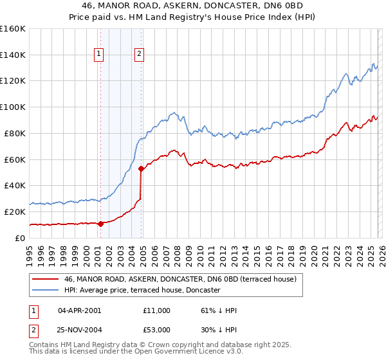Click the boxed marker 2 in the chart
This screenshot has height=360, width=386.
pos(139,55)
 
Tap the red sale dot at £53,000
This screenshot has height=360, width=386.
pos(142,168)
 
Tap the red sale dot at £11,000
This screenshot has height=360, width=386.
pos(100,224)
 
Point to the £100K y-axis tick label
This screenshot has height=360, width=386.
pos(13,107)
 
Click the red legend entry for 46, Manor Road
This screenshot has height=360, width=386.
pos(179,280)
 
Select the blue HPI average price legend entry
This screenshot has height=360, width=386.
pos(142,291)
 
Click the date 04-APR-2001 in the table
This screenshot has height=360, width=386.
pos(79,310)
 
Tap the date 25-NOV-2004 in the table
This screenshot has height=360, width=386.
pos(79,329)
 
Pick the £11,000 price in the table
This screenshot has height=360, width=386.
pos(157,310)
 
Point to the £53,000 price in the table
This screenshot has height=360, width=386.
pos(157,329)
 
